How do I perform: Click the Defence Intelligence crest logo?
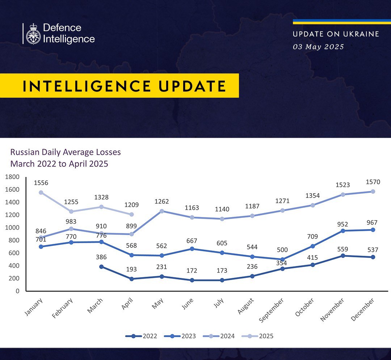[33, 34]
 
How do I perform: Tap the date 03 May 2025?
[318, 47]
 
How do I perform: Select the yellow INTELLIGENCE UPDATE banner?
[119, 86]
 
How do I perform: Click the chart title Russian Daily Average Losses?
[66, 152]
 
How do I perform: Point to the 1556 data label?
[41, 183]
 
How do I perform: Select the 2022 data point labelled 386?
[102, 267]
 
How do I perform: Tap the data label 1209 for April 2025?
[131, 205]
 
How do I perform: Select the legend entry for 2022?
[142, 336]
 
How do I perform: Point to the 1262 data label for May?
[161, 202]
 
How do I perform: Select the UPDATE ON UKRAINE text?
[336, 34]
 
